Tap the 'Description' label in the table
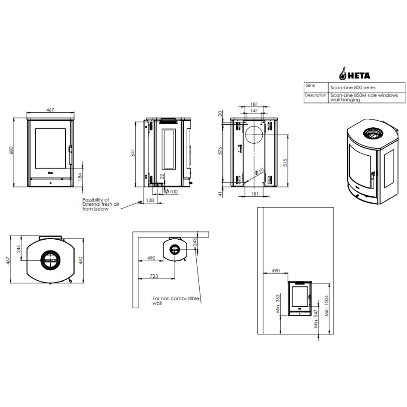tap(315, 95)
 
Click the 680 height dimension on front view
tap(11, 150)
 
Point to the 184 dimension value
tap(80, 177)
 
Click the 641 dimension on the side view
tap(133, 153)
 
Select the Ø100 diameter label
tap(171, 192)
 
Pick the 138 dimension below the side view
tap(150, 200)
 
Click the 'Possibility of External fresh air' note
tap(101, 204)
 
